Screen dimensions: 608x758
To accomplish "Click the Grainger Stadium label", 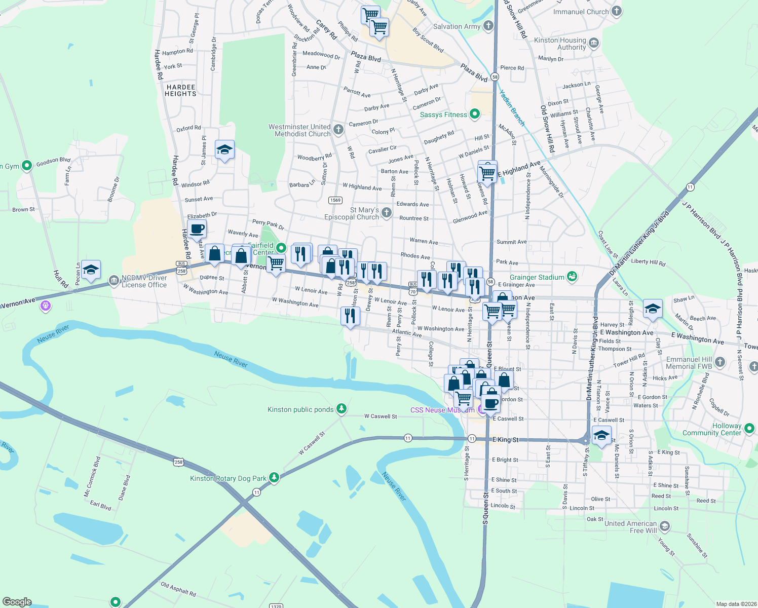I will point(537,277).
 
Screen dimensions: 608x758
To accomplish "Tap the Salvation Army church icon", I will point(488,26).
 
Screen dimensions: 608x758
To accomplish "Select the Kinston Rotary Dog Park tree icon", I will point(274,477).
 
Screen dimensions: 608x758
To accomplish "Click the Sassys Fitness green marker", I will point(475,114).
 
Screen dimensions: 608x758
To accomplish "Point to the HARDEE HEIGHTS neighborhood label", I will point(181,91).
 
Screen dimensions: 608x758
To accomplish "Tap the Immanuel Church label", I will point(581,12).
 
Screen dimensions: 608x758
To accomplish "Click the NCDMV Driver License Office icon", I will point(113,280).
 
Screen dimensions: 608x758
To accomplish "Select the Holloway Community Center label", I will point(711,429).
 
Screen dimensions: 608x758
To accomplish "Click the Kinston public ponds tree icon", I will point(342,408).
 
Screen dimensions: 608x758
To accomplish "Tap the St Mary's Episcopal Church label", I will point(352,213).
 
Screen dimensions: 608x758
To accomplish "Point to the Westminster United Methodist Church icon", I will point(338,130).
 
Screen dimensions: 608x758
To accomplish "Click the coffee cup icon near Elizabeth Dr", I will point(197,229).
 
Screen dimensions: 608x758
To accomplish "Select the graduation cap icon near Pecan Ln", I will point(91,270).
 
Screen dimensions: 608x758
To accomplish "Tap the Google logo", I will point(17,602).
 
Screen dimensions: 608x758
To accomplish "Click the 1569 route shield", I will point(335,200).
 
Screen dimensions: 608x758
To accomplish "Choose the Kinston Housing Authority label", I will point(560,44).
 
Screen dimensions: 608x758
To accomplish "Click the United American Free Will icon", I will point(664,527).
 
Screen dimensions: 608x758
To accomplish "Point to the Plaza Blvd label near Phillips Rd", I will point(366,57).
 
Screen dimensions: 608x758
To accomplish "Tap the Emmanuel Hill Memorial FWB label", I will point(689,363).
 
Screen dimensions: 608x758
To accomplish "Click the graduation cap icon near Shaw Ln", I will point(652,309).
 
